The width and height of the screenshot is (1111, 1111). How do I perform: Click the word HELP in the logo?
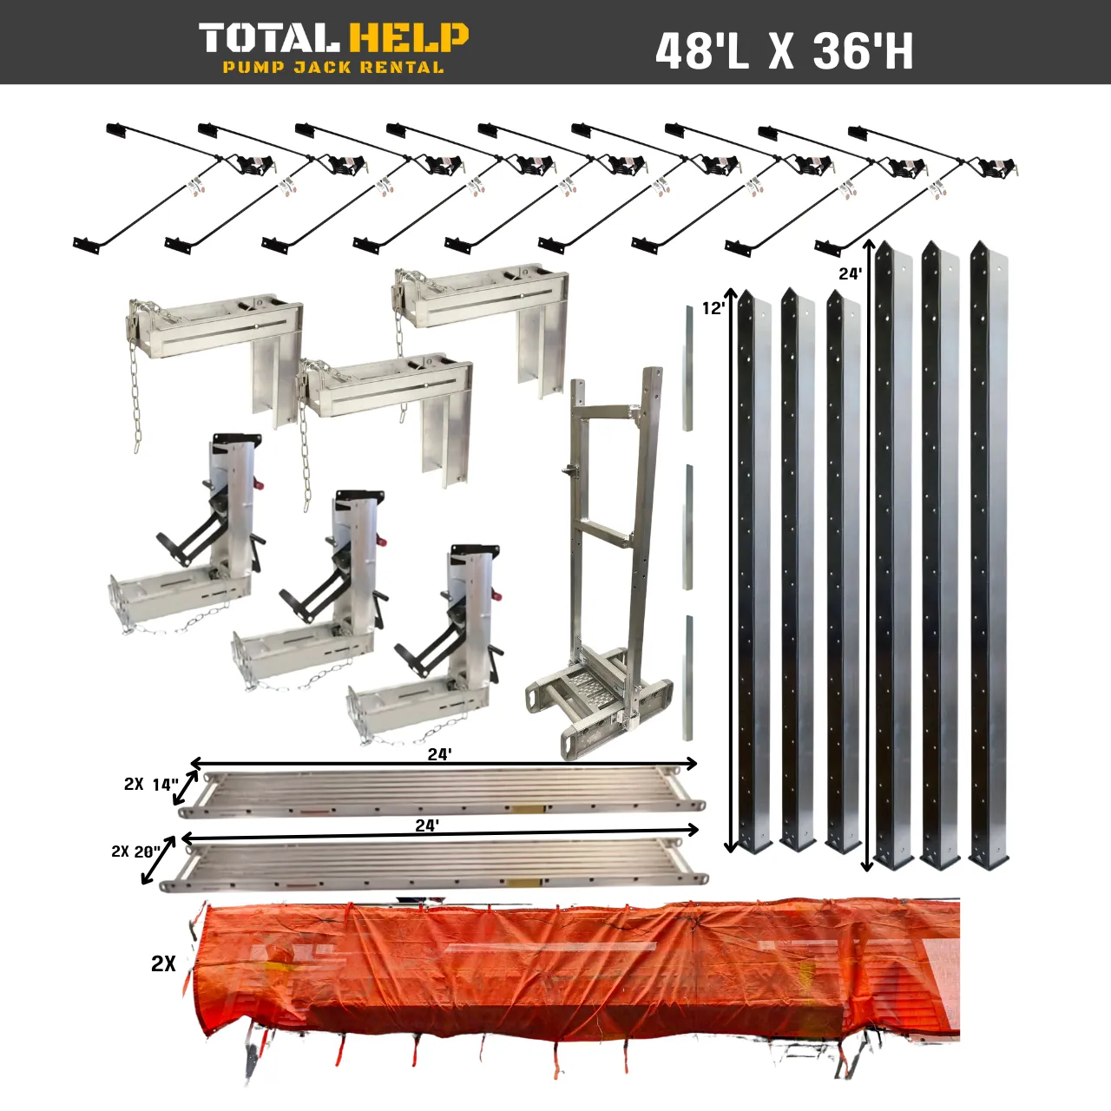click(408, 39)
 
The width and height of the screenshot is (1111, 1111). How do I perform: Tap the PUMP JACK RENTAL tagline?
click(333, 68)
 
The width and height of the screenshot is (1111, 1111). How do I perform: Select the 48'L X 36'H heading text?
click(784, 52)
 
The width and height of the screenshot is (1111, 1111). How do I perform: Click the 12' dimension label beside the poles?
click(713, 308)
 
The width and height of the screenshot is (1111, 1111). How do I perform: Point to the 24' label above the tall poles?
click(850, 274)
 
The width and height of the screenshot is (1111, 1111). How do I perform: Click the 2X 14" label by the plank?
click(150, 785)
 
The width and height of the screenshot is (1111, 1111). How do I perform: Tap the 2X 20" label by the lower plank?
click(135, 851)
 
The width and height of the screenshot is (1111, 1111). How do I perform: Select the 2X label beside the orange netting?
click(163, 963)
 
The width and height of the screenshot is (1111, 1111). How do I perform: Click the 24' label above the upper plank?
click(439, 754)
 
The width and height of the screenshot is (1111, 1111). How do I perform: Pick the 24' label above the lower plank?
click(426, 825)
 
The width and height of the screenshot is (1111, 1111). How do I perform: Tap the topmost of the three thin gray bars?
click(687, 368)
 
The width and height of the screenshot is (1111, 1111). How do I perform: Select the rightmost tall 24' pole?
click(988, 555)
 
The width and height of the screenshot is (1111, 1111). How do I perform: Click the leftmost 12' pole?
click(753, 573)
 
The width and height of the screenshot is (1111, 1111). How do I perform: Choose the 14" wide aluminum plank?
click(443, 791)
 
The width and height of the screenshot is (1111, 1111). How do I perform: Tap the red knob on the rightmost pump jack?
click(497, 597)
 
